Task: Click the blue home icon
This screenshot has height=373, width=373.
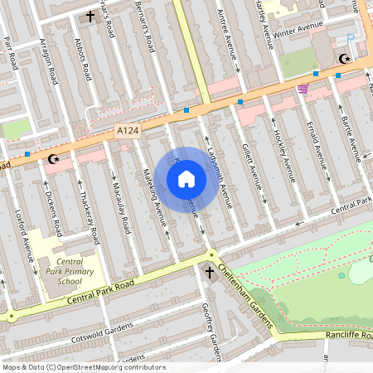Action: click(186, 179)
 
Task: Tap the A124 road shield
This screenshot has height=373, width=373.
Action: click(126, 131)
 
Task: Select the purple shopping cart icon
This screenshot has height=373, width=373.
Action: click(303, 89)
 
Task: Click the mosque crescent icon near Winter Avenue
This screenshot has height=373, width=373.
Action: click(343, 59)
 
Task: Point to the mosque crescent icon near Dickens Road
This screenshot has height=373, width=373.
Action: click(55, 157)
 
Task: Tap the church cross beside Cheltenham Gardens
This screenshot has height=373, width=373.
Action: click(209, 272)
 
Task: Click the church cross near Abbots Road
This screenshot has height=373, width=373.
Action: click(90, 17)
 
